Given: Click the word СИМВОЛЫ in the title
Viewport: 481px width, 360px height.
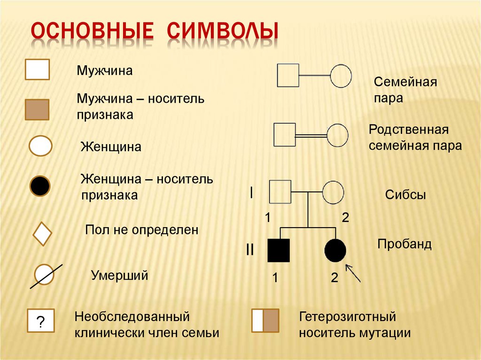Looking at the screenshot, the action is [x=223, y=31].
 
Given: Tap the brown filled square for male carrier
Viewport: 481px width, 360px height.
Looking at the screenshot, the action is [x=37, y=109].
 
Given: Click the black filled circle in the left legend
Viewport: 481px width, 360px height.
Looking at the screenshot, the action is [x=40, y=186].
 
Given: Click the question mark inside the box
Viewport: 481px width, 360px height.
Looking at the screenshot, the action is [x=40, y=322].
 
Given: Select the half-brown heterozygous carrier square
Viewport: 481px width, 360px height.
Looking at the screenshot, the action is [x=265, y=321].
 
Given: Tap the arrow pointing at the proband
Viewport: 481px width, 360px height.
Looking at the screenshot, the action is [x=353, y=273].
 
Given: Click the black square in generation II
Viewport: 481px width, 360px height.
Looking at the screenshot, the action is [x=279, y=251].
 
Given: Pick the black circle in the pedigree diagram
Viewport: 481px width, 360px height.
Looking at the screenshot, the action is [x=335, y=251].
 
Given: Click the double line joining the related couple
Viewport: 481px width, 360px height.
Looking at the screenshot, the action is [x=311, y=135].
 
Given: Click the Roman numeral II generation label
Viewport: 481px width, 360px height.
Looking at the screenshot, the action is [x=250, y=250].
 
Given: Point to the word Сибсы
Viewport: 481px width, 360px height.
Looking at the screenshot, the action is [x=405, y=195].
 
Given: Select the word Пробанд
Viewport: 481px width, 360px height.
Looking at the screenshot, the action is [x=404, y=244].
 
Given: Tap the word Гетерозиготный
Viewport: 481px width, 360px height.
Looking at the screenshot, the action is [x=348, y=316].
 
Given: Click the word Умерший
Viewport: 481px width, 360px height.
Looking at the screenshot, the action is [x=120, y=276].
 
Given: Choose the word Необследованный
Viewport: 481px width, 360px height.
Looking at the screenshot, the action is [x=132, y=316].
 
